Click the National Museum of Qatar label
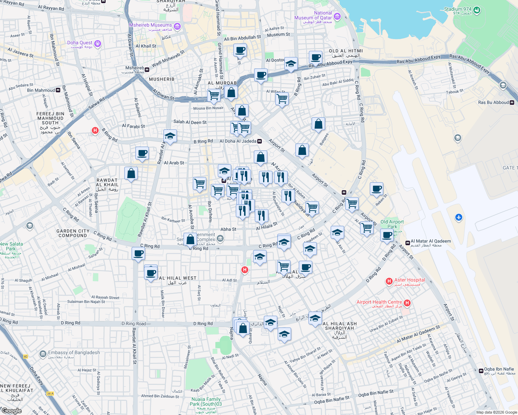(x=313, y=15)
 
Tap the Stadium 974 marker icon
(x=477, y=10)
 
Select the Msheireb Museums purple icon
(x=177, y=27)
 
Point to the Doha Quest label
(x=80, y=43)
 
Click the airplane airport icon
(x=459, y=217)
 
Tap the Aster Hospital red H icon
(x=389, y=282)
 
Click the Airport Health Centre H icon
(x=407, y=303)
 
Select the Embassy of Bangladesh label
(x=74, y=353)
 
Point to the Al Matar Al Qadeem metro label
(x=430, y=241)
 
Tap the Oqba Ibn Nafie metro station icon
(x=481, y=371)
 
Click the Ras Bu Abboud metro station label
(x=493, y=102)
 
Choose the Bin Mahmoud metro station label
(x=41, y=90)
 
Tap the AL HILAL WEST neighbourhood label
(x=178, y=278)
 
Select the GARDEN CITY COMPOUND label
(x=73, y=233)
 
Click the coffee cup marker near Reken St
(x=376, y=189)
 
